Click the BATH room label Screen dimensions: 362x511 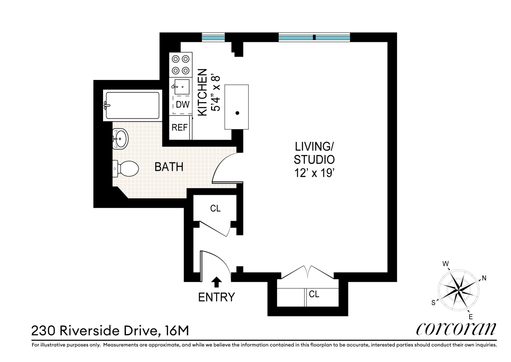pos(169,167)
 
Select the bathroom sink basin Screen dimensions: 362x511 pos(120,139)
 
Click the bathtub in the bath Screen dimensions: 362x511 pos(132,105)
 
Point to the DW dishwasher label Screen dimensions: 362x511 pos(182,105)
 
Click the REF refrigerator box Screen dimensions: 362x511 pos(180,127)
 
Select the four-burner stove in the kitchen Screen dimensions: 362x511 pos(181,64)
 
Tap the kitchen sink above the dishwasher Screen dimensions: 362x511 pos(182,87)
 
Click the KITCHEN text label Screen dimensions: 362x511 pos(202,92)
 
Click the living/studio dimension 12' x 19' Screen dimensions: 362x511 pos(314,173)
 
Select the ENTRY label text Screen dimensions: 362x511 pos(216,297)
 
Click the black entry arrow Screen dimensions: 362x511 pos(216,282)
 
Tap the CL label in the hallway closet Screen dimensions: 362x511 pos(215,209)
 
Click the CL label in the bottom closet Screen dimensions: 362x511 pos(314,294)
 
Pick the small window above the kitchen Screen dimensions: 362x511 pos(213,37)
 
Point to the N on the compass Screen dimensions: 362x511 pos(484,278)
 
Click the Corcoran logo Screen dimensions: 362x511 pos(456,329)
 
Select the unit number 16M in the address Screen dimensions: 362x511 pos(177,331)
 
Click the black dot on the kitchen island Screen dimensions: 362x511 pos(237,113)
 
